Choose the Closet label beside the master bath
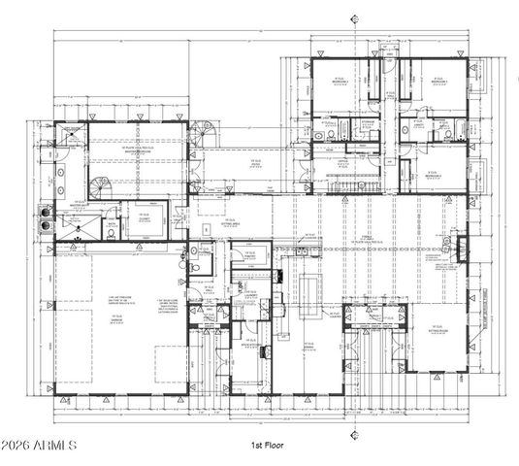point(142,217)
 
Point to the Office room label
point(341,166)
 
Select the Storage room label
point(250,295)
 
